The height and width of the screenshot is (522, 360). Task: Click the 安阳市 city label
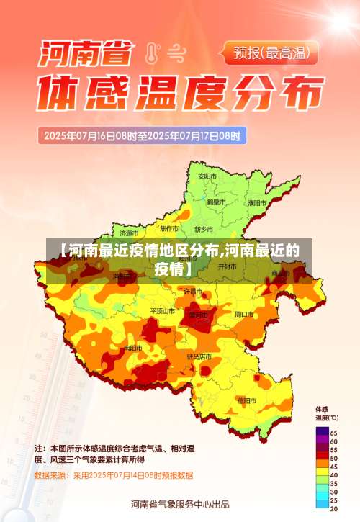click(207, 176)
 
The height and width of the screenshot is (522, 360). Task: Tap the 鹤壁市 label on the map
click(217, 202)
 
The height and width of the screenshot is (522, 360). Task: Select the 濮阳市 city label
click(257, 203)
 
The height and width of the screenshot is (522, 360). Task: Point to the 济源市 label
click(130, 233)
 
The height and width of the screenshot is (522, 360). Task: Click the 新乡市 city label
click(204, 229)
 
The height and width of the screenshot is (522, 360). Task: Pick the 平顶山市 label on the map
click(162, 311)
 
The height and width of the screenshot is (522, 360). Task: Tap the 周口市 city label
click(244, 314)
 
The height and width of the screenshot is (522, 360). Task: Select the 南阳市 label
click(132, 348)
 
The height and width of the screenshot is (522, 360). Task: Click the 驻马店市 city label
click(199, 356)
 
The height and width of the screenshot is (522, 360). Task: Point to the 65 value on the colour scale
click(333, 432)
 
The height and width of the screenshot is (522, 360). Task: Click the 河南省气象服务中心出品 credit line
click(180, 504)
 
